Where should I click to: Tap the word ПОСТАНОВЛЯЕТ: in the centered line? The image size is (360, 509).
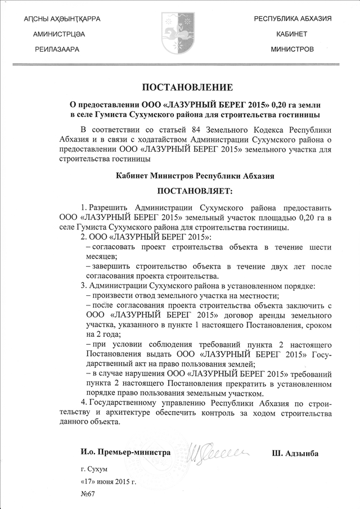pyautogui.click(x=179, y=193)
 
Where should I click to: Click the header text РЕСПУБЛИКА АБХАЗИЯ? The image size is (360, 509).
pyautogui.click(x=292, y=19)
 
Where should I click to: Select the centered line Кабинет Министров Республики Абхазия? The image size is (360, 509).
pyautogui.click(x=179, y=175)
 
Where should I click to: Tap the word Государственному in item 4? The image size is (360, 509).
pyautogui.click(x=128, y=404)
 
